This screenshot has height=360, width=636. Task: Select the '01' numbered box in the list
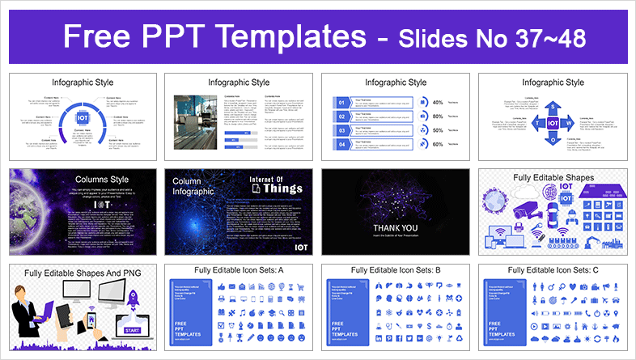[x=341, y=103]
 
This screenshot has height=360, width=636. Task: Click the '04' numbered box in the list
[x=341, y=144]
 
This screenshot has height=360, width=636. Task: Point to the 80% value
[x=438, y=116]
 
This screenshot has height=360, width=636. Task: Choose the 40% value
[x=438, y=103]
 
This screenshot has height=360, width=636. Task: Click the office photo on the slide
[x=196, y=122]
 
